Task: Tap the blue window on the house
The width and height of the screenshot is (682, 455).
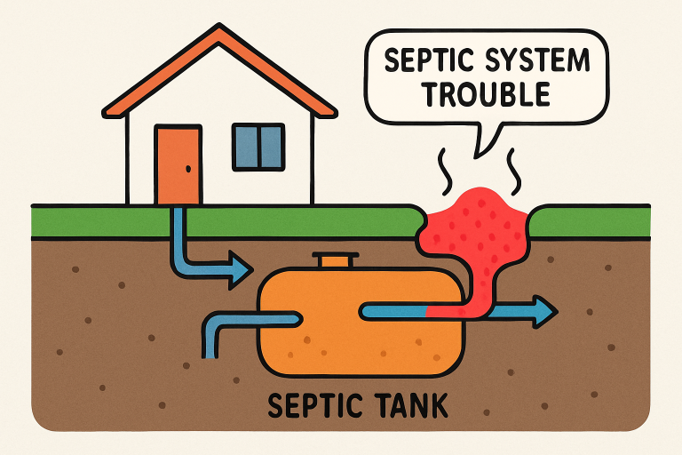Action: (258, 146)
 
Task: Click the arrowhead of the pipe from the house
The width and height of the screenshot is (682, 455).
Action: (238, 267)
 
